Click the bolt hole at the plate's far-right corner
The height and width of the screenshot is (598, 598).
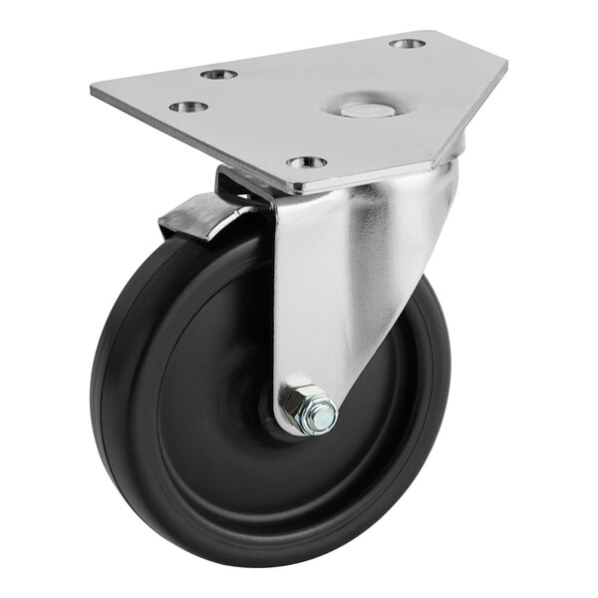tap(407, 44)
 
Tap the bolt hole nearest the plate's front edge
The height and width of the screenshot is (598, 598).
tap(306, 161)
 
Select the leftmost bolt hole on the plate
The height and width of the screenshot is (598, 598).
tap(187, 106)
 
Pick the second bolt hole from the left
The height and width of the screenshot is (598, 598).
tap(218, 74)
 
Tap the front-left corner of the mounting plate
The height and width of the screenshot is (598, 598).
tap(285, 190)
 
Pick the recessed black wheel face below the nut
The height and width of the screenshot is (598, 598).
tap(279, 488)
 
